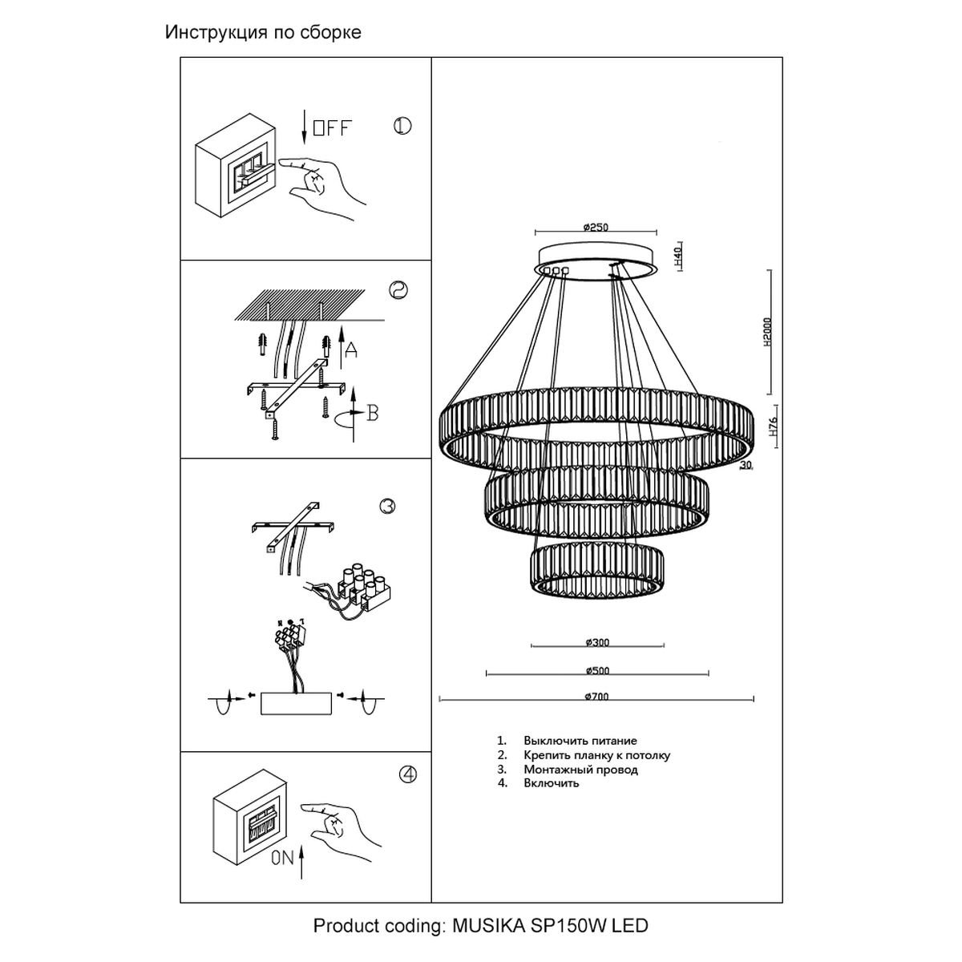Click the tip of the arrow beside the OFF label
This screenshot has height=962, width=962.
(x=304, y=144)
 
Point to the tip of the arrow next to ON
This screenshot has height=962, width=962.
(x=301, y=846)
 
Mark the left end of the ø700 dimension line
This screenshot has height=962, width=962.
(x=440, y=700)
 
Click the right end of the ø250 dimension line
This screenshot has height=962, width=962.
(x=657, y=232)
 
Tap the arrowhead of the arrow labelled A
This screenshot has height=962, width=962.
(x=342, y=326)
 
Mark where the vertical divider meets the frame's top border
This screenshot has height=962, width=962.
(x=431, y=58)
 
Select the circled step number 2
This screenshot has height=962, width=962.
(x=398, y=290)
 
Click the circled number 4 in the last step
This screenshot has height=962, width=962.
(x=408, y=774)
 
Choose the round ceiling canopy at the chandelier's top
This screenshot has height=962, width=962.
(x=597, y=261)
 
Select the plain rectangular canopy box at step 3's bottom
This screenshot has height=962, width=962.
(x=296, y=703)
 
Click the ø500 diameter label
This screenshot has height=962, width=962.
(x=597, y=670)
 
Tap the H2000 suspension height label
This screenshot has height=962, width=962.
(x=767, y=332)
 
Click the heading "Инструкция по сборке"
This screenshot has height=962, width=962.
(x=263, y=32)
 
